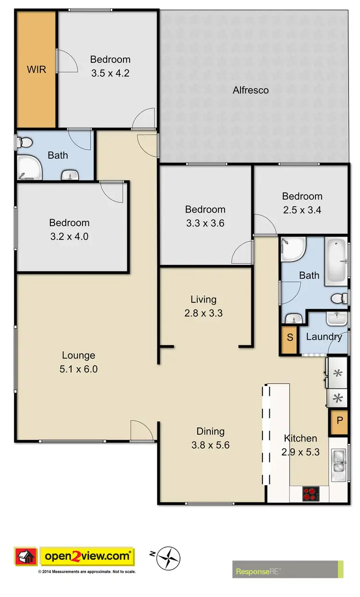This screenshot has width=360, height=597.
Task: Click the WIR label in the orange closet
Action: click(x=36, y=69)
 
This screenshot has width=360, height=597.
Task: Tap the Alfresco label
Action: click(x=251, y=90)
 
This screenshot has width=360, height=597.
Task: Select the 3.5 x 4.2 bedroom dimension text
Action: click(x=110, y=73)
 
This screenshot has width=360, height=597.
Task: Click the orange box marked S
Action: click(x=289, y=337)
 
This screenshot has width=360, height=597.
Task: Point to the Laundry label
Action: click(x=324, y=336)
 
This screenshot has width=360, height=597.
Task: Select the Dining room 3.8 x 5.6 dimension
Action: click(x=210, y=445)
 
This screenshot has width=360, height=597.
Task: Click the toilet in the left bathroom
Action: click(x=25, y=142)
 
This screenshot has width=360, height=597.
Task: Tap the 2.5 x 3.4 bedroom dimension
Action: click(x=302, y=210)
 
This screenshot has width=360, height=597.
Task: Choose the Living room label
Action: click(x=204, y=299)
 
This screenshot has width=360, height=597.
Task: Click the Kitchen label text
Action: click(x=300, y=438)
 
